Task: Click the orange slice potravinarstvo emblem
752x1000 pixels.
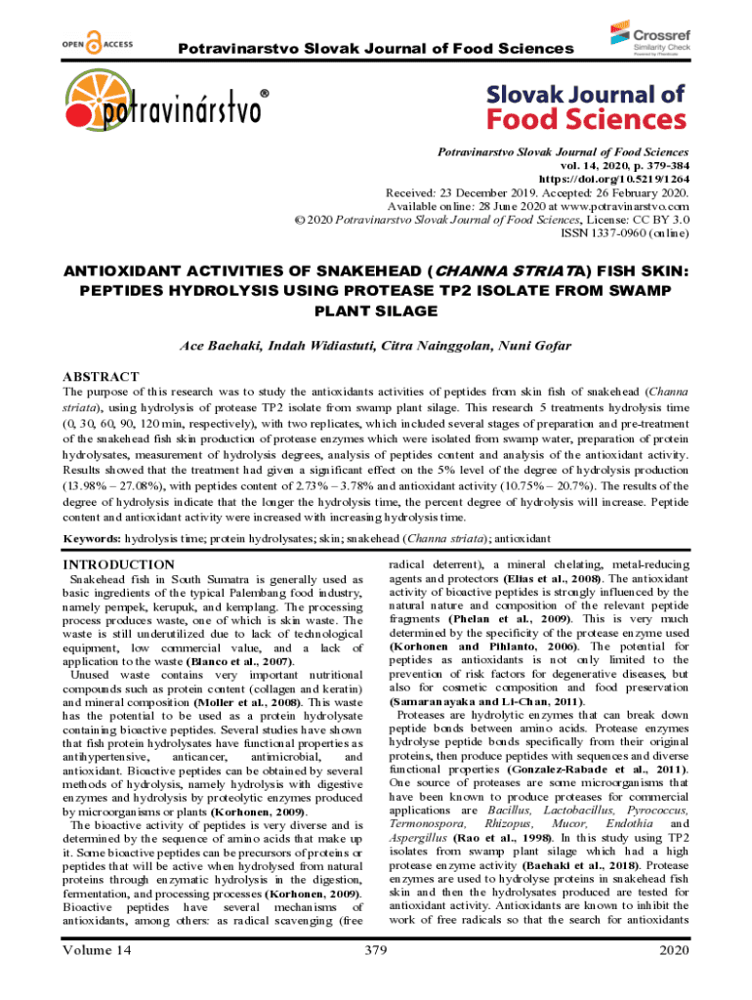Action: pyautogui.click(x=92, y=108)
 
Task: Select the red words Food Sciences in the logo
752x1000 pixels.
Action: pyautogui.click(x=587, y=118)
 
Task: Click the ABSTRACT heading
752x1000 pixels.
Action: pyautogui.click(x=101, y=376)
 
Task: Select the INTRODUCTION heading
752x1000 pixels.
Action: pyautogui.click(x=118, y=564)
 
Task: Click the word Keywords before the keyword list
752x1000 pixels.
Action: pyautogui.click(x=93, y=538)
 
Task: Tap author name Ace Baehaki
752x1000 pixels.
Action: pyautogui.click(x=221, y=347)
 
